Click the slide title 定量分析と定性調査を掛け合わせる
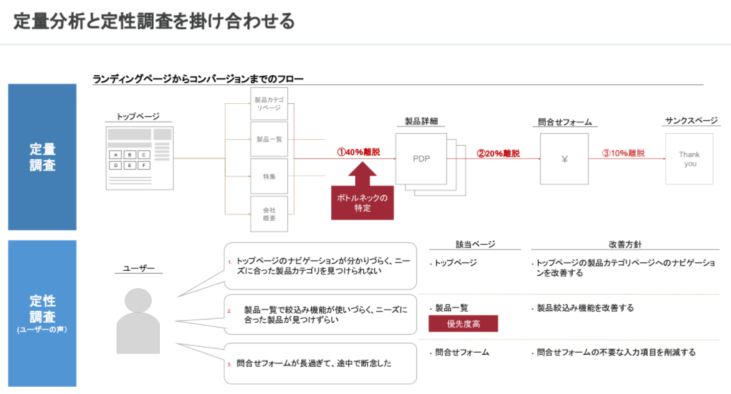click(x=154, y=21)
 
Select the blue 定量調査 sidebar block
click(x=42, y=157)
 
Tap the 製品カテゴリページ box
click(x=269, y=104)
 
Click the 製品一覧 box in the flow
click(x=269, y=140)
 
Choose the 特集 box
click(x=269, y=176)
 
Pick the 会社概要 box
click(x=269, y=214)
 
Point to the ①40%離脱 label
click(x=359, y=152)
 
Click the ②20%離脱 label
click(x=498, y=154)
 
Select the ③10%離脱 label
click(x=623, y=153)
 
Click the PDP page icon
click(x=422, y=159)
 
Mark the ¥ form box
click(x=564, y=159)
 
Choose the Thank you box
click(x=689, y=159)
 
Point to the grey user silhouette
click(x=138, y=320)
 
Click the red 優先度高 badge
click(x=463, y=323)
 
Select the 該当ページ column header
click(x=475, y=244)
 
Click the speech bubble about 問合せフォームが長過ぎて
click(x=321, y=363)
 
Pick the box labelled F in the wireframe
click(x=142, y=165)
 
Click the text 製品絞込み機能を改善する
click(x=585, y=308)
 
